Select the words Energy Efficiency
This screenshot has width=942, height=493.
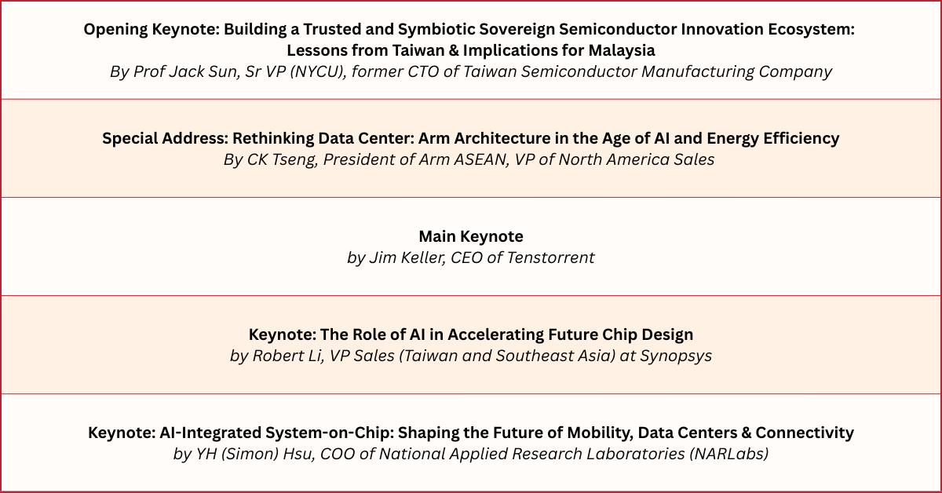(x=774, y=138)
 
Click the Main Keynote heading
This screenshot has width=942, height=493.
(x=471, y=236)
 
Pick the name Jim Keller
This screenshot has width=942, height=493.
(x=407, y=257)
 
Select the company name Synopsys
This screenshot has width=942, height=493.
(x=676, y=356)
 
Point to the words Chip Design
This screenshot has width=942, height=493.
(x=648, y=335)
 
